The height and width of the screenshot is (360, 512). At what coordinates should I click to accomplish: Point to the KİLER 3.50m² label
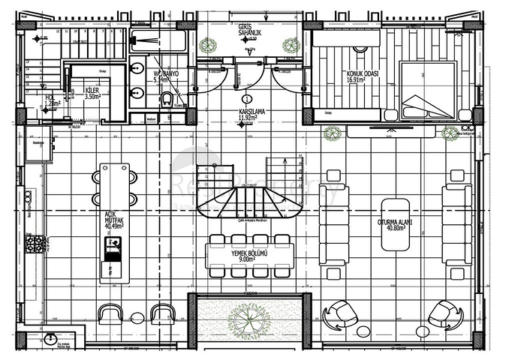(x=92, y=92)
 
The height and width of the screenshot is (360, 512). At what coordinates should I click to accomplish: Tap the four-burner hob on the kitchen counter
(x=35, y=244)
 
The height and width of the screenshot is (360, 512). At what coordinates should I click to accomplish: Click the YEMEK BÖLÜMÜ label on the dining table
(x=250, y=256)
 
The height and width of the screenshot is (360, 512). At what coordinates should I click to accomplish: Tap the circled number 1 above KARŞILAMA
(x=246, y=98)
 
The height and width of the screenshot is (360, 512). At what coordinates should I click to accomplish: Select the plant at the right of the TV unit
(x=450, y=133)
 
